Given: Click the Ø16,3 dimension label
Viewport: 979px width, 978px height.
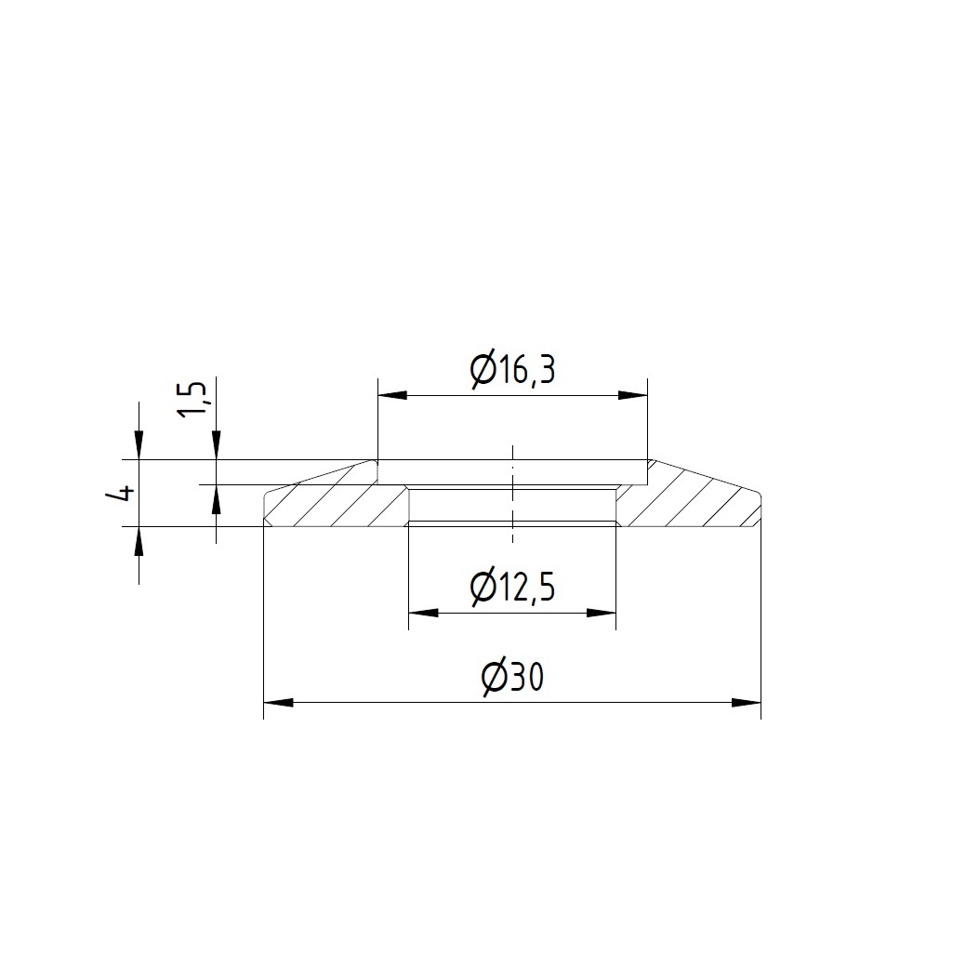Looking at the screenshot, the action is coord(512,371).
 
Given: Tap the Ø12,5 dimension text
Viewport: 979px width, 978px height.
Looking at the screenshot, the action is coord(512,588).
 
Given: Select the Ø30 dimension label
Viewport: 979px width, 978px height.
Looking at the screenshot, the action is coord(512,678).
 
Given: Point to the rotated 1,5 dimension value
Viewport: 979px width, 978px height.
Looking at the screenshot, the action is coord(193,400).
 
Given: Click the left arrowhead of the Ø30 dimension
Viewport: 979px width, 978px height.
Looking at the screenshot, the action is coord(279,702).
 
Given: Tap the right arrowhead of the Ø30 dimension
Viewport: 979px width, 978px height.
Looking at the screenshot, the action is coord(747,702).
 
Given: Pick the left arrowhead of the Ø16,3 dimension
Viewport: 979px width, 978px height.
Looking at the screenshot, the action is coord(392,395).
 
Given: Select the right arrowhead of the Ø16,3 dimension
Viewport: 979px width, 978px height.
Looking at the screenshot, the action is coord(632,395).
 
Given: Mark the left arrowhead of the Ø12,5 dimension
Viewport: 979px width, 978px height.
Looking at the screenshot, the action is coord(423,613).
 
